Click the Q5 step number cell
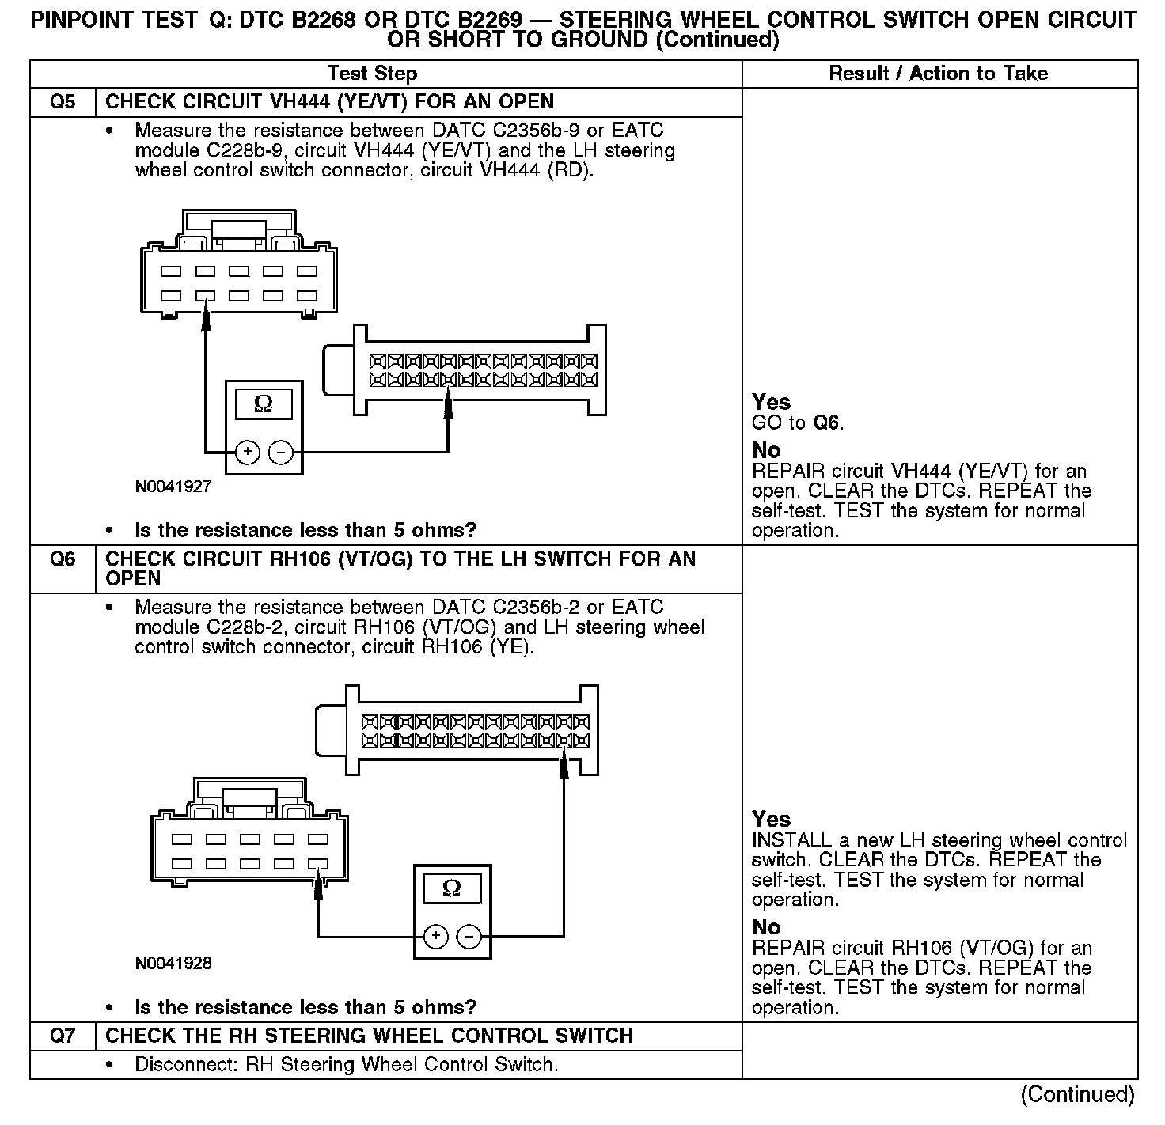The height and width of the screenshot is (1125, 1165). [63, 102]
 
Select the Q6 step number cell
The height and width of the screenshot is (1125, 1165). [63, 559]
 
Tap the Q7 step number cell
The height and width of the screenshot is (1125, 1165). [63, 1036]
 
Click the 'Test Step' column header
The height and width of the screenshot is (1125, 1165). [372, 74]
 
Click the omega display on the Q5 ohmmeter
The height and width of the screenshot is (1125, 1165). [264, 405]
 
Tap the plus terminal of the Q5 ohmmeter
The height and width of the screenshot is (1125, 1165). [248, 452]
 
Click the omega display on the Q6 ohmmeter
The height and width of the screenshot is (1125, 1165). [451, 888]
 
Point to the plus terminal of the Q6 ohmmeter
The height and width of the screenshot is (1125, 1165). [436, 937]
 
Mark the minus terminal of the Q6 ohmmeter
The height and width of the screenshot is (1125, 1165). [469, 937]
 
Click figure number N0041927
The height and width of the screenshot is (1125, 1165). [173, 487]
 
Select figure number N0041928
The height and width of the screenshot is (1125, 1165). [173, 964]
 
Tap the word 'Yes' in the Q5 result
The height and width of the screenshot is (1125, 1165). [771, 402]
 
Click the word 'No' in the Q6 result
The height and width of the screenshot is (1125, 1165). [765, 926]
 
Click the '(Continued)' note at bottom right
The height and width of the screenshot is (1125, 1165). [1077, 1094]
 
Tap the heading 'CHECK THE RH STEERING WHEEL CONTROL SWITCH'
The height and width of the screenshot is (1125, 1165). [369, 1036]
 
